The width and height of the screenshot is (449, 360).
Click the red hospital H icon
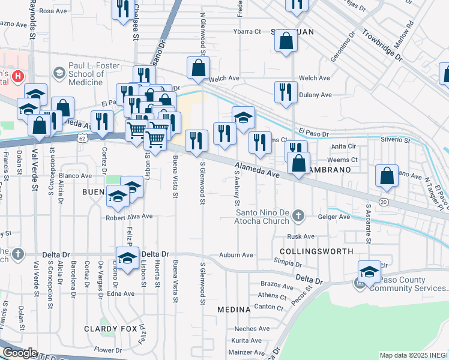pos(18,76)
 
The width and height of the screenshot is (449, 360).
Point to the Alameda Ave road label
pos(258,170)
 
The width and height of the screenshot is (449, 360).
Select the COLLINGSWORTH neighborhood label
pos(315,250)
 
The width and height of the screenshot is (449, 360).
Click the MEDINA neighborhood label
pos(234,309)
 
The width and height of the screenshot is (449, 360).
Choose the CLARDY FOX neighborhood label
pos(107,329)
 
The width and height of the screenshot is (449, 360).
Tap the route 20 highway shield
pos(384,202)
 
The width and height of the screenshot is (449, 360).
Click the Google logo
pos(20,353)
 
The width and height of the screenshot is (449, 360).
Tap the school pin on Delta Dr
pos(127,258)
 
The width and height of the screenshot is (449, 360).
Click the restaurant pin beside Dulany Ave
pos(285,92)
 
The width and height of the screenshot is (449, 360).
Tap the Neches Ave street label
pos(248,329)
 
